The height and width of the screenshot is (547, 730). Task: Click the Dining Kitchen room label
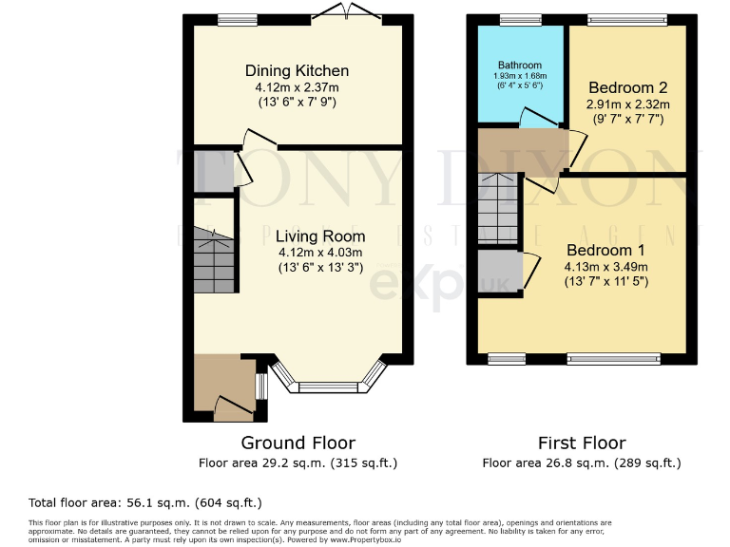(297, 71)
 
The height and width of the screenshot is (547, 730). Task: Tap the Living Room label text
(320, 236)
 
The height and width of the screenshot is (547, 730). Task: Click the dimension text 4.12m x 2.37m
(297, 86)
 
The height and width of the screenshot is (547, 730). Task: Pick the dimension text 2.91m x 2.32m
(628, 104)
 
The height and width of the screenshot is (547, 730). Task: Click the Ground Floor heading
(298, 443)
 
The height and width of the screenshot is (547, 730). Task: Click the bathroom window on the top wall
(519, 18)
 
